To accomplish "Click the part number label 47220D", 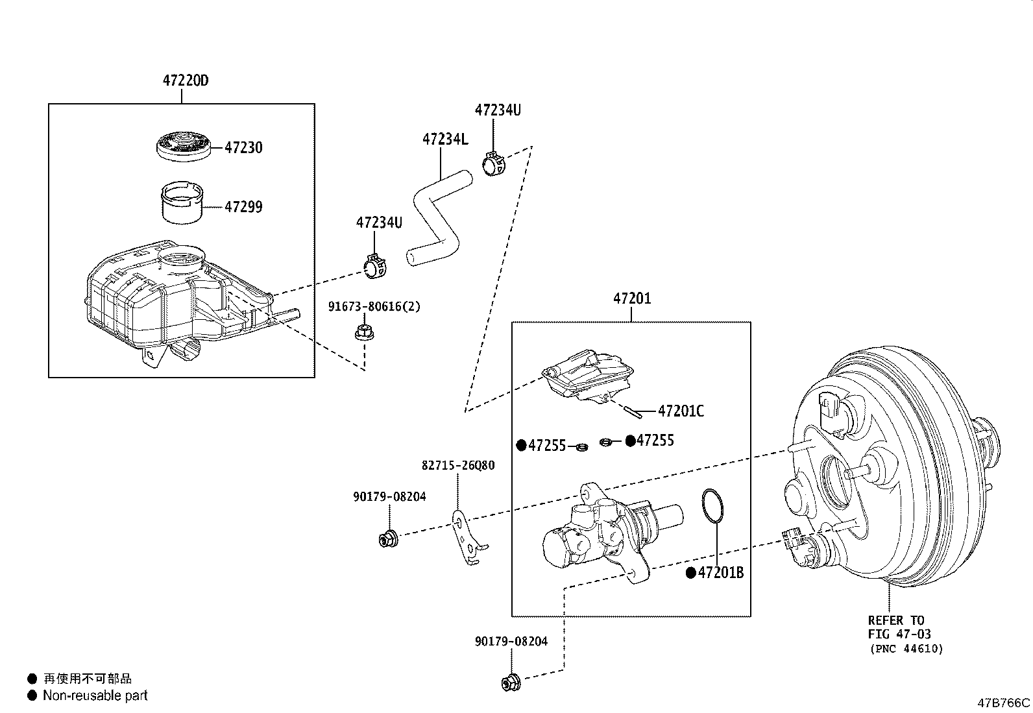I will pos(186,81).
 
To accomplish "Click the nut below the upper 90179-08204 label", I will pos(388,538).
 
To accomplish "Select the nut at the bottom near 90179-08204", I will pos(510,683).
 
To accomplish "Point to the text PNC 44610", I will pos(906,648).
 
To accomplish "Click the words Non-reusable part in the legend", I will pos(95,695).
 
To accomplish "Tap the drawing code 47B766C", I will pos(1003,703).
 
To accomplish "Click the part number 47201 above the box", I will pos(632,298).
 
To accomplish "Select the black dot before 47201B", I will pos(691,573).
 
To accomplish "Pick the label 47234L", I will pos(445,139).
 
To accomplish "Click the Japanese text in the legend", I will pos(88,679).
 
